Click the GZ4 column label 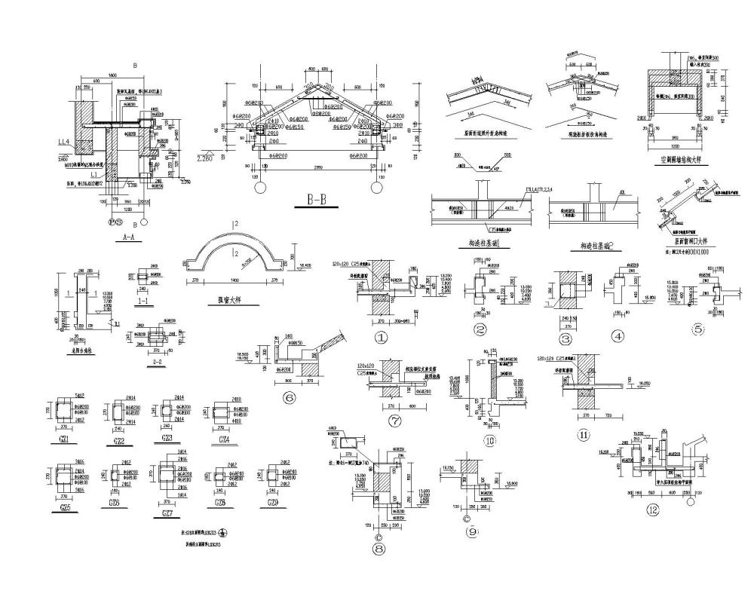223,439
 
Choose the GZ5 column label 65,509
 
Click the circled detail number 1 381,338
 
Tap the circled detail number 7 394,421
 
